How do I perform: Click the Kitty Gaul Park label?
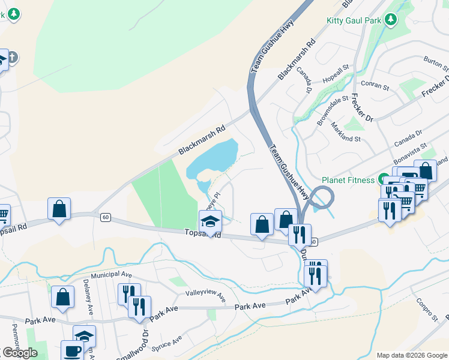(x=354, y=20)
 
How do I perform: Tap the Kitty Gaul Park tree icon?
(x=391, y=20)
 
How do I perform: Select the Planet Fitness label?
(x=348, y=179)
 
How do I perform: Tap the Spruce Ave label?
(x=167, y=343)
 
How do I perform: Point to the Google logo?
(x=20, y=353)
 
